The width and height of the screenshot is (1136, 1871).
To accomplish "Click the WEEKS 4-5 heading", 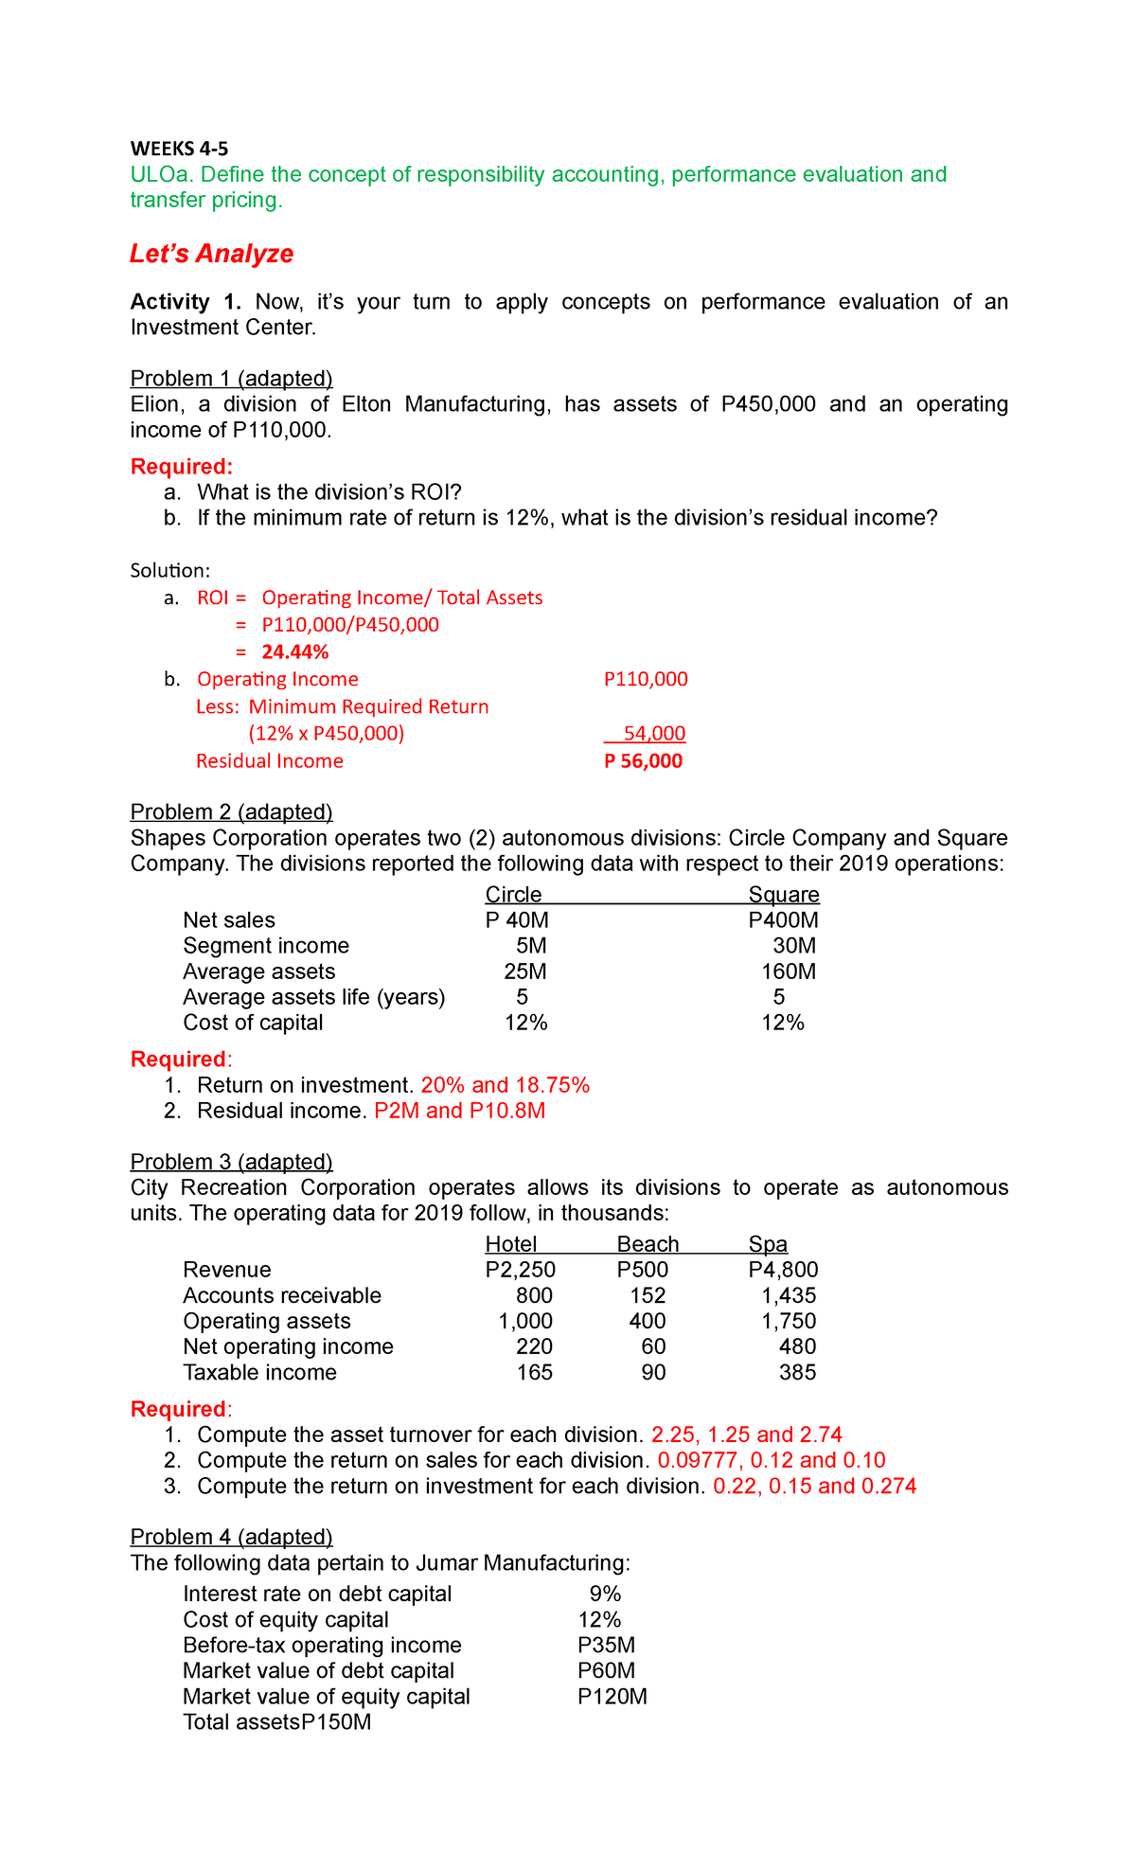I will (179, 149).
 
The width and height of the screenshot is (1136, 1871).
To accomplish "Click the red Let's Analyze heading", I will (211, 254).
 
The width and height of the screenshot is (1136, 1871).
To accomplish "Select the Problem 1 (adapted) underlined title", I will (231, 379).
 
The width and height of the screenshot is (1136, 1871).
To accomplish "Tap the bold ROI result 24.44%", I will (295, 651).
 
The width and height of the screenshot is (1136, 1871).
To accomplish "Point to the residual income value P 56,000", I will (643, 761).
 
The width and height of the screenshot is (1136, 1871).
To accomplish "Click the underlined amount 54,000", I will (654, 734).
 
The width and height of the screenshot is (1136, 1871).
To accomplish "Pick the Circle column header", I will (513, 895).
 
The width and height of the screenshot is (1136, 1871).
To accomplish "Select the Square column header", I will (783, 895).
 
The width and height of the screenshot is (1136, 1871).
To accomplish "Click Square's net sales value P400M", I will (783, 920).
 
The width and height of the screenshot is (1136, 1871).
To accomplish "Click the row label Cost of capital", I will (253, 1023).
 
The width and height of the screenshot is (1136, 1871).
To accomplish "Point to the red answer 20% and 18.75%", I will (505, 1085).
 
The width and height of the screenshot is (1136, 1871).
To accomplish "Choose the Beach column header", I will (648, 1244).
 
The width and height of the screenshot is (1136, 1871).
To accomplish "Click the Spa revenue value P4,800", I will (783, 1270).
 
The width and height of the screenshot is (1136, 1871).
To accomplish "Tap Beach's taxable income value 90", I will (653, 1372).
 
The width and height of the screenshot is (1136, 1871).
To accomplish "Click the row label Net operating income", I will (288, 1346).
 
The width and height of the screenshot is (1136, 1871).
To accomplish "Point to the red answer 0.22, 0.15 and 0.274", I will (814, 1486).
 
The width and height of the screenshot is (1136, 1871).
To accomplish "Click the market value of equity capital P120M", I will (612, 1696).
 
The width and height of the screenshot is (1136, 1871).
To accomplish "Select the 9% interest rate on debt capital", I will (605, 1594).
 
